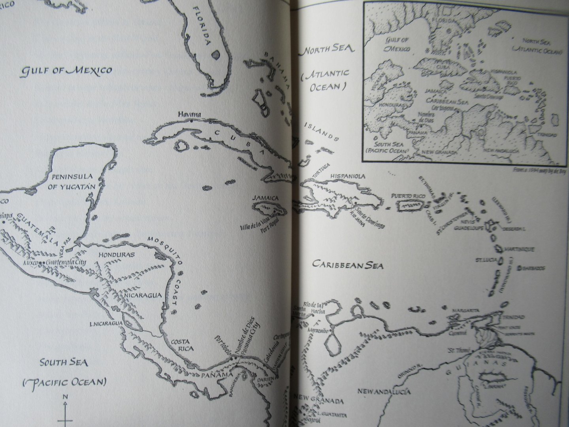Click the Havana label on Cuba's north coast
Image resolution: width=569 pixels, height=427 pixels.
tap(189, 115)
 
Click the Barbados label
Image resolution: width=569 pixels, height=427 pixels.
tap(534, 268)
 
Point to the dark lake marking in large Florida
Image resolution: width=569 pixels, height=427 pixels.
tap(215, 54)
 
